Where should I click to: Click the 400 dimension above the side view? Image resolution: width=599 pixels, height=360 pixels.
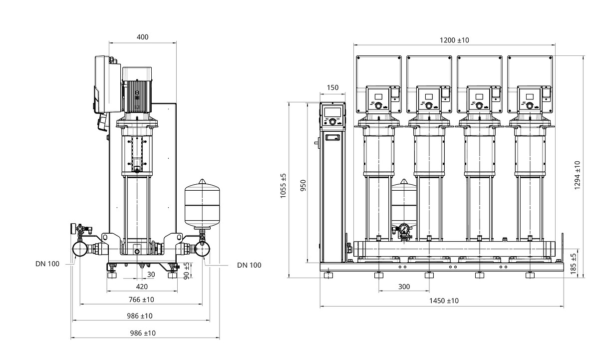[142, 37]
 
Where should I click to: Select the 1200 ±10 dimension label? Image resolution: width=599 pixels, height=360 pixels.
[454, 40]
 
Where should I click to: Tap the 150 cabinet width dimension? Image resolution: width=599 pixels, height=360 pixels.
[332, 88]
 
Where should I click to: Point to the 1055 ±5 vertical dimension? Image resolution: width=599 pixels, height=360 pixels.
[284, 187]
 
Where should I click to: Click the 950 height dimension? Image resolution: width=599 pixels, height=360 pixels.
[303, 185]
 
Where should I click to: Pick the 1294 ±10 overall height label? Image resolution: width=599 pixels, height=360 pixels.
[577, 175]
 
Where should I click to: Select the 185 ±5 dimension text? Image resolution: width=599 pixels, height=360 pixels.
[573, 263]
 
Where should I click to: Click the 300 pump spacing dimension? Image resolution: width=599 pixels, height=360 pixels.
[404, 287]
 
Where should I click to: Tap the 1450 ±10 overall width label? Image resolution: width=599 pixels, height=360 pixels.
[444, 301]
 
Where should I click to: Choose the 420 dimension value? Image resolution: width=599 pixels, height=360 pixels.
[142, 287]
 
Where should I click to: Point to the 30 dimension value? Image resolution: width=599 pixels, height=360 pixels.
[151, 274]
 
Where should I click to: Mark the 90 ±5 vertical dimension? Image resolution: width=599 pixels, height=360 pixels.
[187, 271]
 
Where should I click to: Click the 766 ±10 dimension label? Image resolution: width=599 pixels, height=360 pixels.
[142, 300]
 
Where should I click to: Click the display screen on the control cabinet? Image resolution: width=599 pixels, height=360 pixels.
[332, 112]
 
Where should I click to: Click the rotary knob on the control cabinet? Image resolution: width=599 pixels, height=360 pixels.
[332, 121]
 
